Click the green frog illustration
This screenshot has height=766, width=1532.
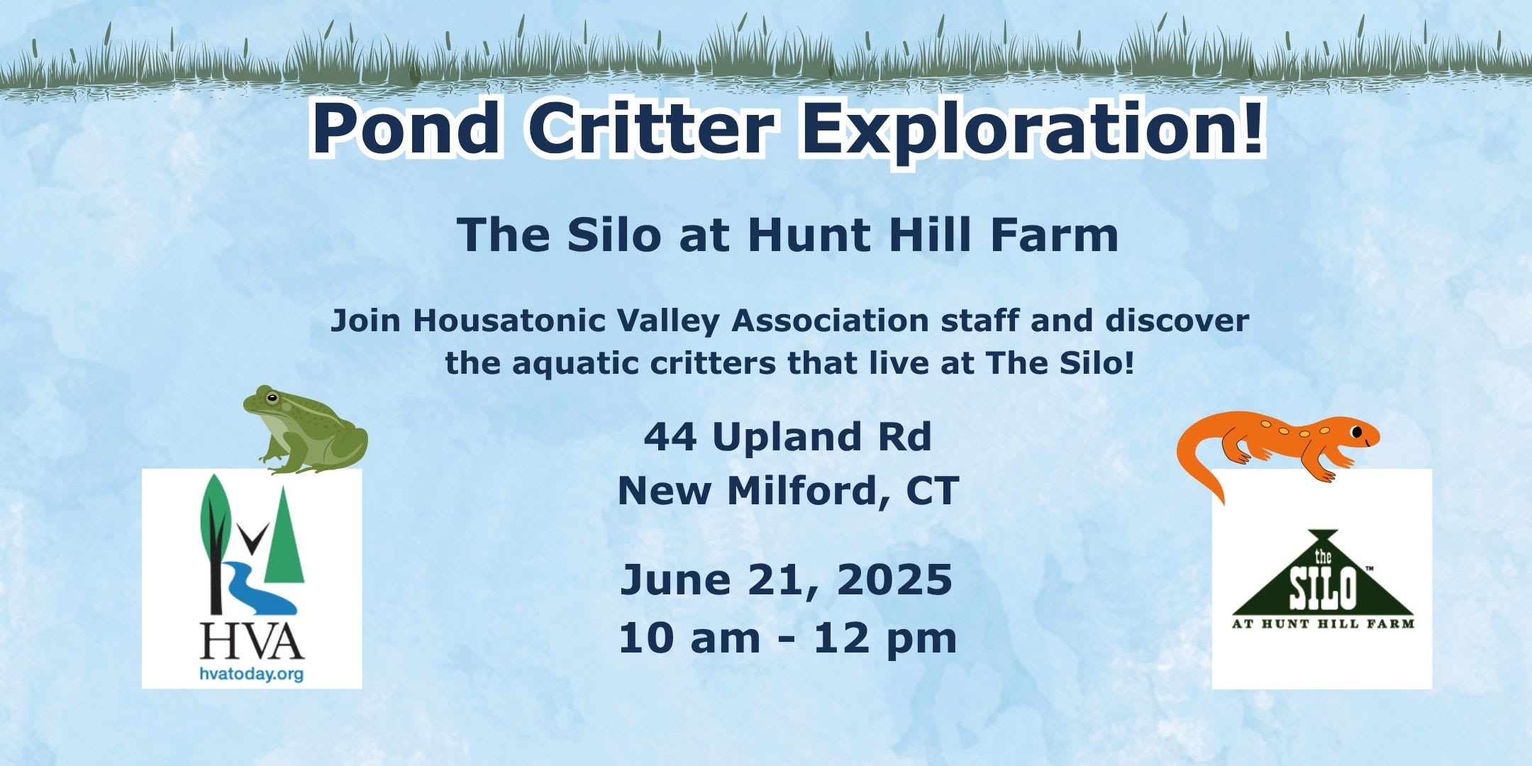tap(305, 430)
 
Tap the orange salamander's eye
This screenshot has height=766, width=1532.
tap(1356, 431)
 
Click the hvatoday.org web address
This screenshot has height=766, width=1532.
tap(251, 674)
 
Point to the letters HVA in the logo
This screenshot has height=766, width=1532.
tap(252, 640)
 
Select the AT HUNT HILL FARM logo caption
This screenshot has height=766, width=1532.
tap(1323, 624)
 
